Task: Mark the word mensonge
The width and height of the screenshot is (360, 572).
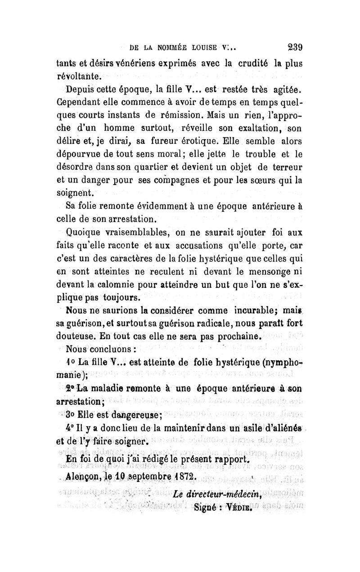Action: pos(265,272)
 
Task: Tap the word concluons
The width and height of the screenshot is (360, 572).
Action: pos(108,350)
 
